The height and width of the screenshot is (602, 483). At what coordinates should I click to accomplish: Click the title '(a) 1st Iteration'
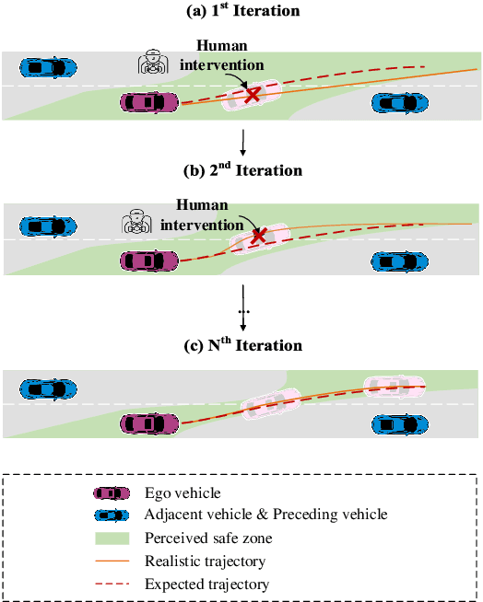[241, 11]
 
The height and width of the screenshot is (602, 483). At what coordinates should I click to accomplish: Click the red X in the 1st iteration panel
[251, 95]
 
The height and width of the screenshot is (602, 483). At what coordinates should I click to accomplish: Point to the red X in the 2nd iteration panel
[260, 237]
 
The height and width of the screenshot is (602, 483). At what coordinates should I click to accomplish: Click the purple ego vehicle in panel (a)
[149, 101]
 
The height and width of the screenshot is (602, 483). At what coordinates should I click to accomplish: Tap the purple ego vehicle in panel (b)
[149, 260]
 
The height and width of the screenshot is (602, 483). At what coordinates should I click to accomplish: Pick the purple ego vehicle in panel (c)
[149, 423]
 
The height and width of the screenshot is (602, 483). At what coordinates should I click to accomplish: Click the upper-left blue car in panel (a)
[48, 67]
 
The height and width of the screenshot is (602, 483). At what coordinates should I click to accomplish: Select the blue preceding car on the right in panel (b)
[400, 261]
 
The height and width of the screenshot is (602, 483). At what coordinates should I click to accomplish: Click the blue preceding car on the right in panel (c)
[400, 424]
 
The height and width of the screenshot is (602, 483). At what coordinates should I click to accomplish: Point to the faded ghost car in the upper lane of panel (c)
[395, 384]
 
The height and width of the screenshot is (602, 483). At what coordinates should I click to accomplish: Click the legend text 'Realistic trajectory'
[205, 561]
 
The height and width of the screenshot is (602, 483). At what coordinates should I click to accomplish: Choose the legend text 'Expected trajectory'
[206, 584]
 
